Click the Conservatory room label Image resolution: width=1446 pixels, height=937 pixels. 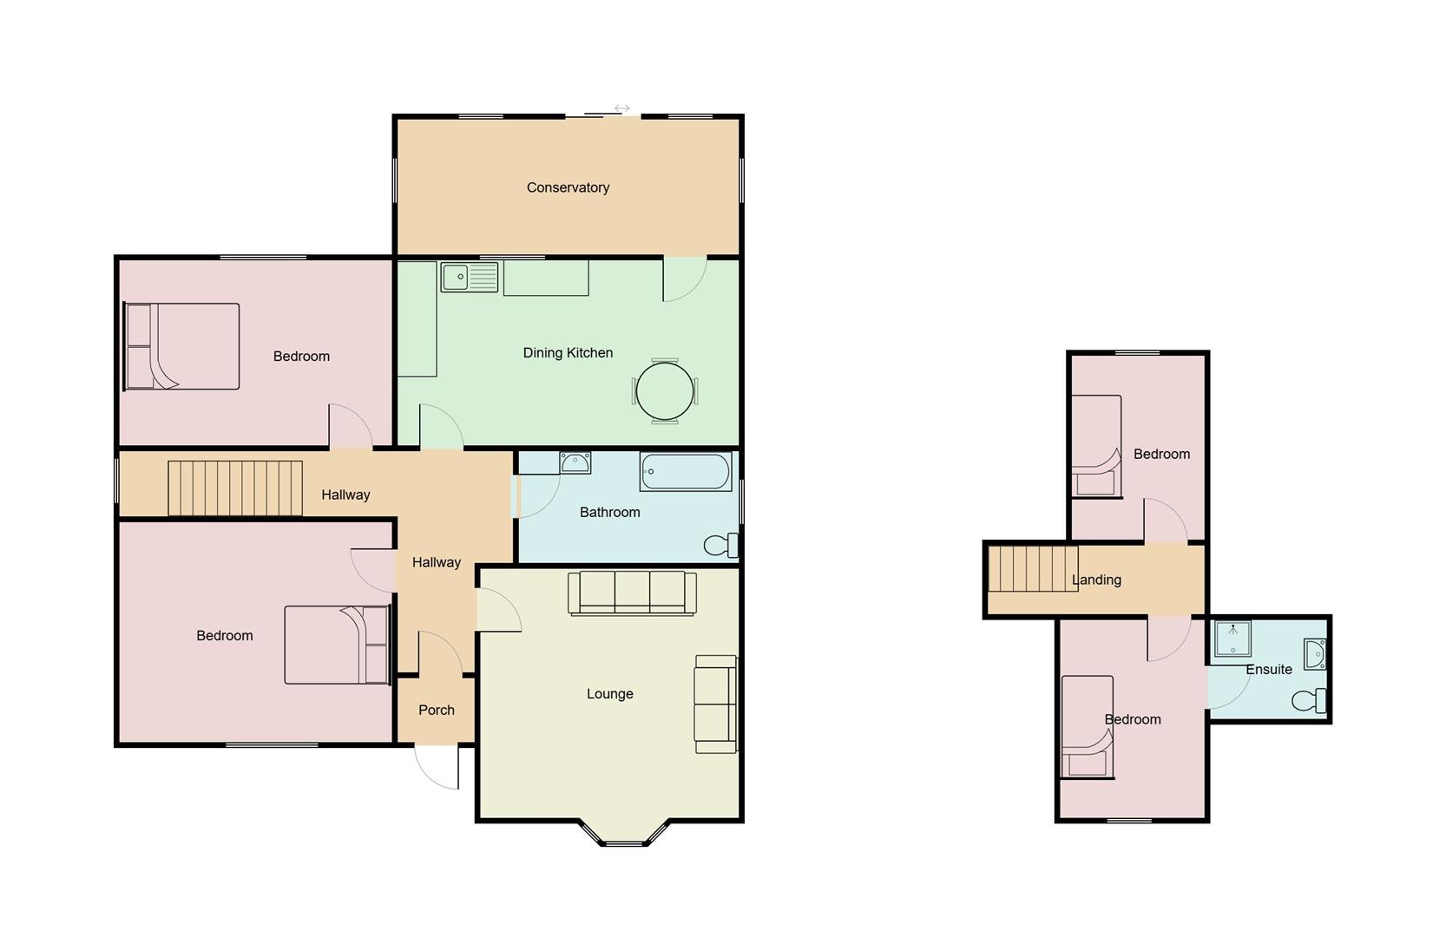coord(568,187)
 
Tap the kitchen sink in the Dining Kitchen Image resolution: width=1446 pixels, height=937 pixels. coord(469,278)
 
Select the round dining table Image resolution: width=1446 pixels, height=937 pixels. coord(665,391)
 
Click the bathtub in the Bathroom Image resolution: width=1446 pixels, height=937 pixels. coord(686,472)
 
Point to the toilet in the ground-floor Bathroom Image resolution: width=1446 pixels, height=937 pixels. coord(720,545)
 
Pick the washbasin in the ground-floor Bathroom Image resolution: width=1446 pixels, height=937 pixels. coord(575,463)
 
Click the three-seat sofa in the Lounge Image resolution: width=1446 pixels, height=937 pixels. coord(632,593)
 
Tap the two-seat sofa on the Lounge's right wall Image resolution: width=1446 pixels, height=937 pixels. coord(715,704)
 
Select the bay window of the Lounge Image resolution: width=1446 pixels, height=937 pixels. coord(624,835)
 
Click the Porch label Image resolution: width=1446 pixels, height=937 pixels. coord(437,710)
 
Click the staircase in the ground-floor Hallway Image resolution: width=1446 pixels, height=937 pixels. coord(234,488)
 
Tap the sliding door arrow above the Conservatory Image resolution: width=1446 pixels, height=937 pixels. coord(621,108)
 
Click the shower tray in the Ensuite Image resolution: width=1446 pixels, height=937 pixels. coord(1232,639)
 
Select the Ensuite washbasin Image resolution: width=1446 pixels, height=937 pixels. coord(1315,653)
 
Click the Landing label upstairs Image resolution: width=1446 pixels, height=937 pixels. coord(1096,580)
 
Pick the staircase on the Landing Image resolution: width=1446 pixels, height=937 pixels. coord(1034,568)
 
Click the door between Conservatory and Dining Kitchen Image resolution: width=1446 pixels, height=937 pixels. coord(685,278)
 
